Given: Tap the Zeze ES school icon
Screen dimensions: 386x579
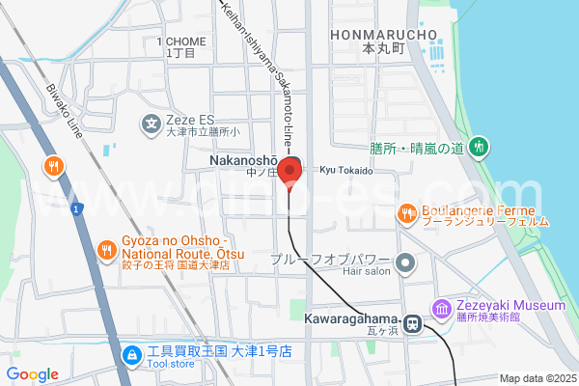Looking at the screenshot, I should point(152,123).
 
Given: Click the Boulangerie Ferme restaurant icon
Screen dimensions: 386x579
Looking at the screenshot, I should point(408,212).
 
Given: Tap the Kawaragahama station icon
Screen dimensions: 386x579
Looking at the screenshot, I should point(412,325).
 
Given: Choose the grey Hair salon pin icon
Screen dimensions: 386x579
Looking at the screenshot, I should point(405,262).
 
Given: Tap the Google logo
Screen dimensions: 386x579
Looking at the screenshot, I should point(32,374).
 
